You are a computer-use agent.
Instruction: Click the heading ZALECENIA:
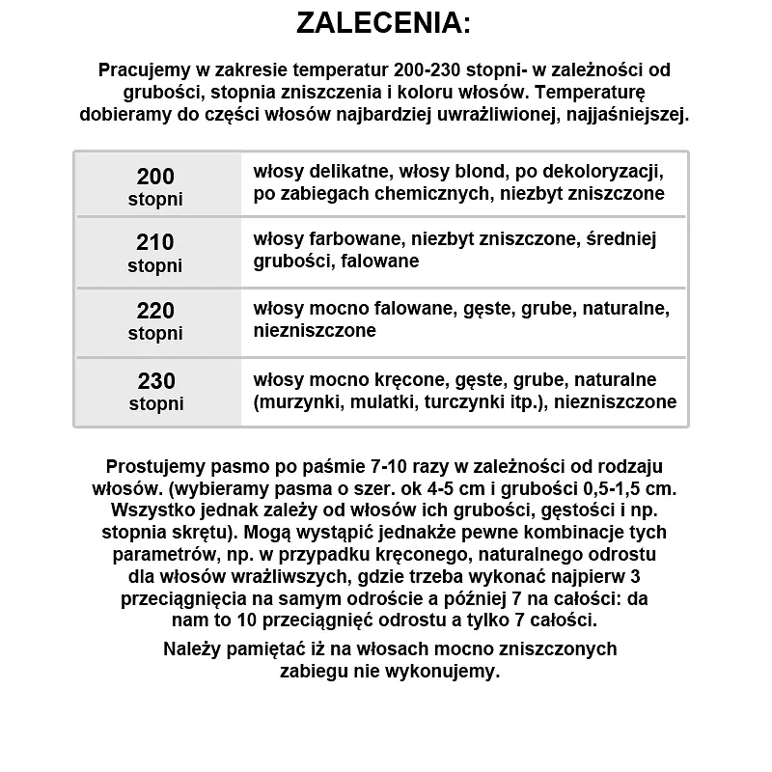(x=384, y=23)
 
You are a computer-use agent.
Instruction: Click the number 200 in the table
(x=155, y=177)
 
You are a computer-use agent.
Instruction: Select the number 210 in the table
(x=155, y=242)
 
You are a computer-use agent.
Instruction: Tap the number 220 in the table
(x=155, y=311)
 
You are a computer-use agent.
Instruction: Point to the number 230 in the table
(x=155, y=381)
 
